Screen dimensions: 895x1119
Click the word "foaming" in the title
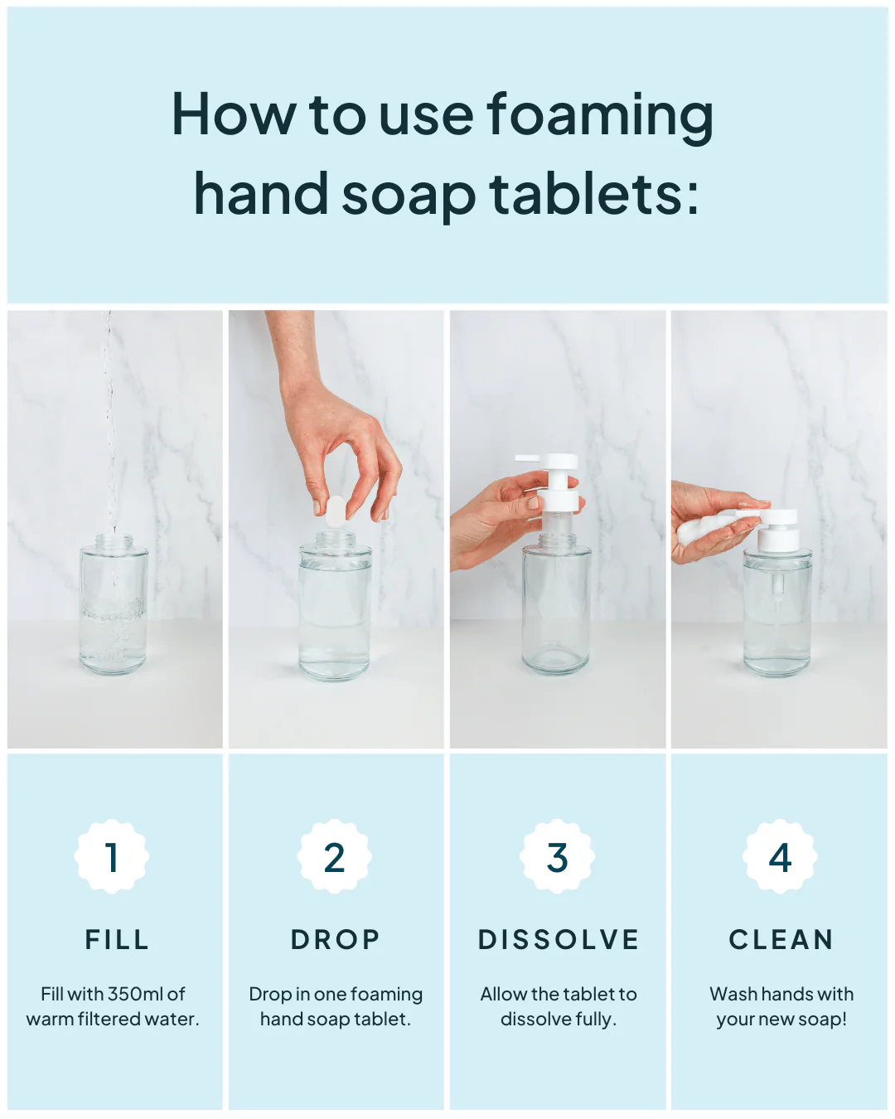point(600,118)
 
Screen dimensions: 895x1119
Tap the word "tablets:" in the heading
point(594,193)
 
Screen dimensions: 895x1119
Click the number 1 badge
point(111,857)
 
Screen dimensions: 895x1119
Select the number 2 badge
point(334,857)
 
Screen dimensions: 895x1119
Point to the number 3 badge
point(557,857)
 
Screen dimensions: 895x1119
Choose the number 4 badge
point(780,857)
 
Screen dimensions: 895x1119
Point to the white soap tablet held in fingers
point(335,511)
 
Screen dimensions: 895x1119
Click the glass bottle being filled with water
point(114,604)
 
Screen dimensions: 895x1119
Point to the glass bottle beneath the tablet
point(335,606)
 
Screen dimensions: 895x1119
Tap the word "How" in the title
point(234,114)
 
